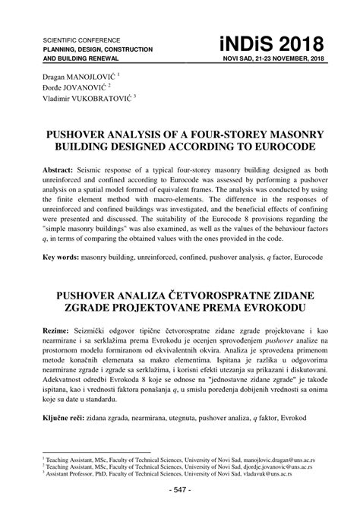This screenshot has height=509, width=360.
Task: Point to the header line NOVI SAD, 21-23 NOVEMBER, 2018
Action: click(272, 58)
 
